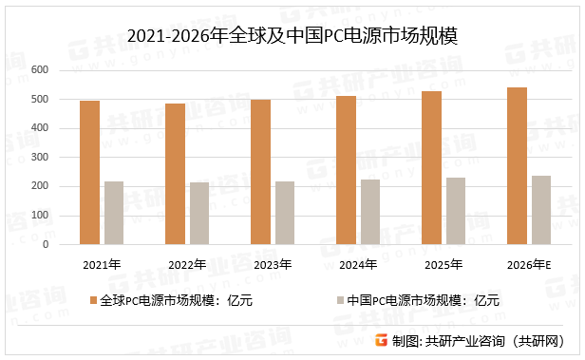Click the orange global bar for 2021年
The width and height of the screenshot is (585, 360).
coord(90,172)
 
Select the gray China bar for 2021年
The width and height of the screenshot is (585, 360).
coord(114,213)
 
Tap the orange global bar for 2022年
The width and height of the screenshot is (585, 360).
coord(176,174)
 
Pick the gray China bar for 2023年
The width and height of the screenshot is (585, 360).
coord(285,213)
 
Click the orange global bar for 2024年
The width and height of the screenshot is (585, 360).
coord(347,170)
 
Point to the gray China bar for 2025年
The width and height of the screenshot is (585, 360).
coord(456,211)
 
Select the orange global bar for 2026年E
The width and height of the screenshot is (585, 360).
coord(518,165)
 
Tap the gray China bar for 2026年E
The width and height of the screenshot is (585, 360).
coord(541,210)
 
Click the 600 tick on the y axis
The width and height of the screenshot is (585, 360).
coord(40,70)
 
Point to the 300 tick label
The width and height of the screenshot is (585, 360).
coord(40,158)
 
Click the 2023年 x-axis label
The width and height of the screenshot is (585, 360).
coord(273,263)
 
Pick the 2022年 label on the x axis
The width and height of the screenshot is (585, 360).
coord(187,263)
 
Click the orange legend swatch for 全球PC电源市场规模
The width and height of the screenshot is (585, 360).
coord(93,301)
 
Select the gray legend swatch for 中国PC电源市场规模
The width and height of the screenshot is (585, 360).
coord(339,301)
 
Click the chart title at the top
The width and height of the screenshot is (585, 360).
coord(292,36)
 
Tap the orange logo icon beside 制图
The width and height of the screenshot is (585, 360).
coord(382,341)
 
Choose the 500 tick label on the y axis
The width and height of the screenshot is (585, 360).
coord(40,100)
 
